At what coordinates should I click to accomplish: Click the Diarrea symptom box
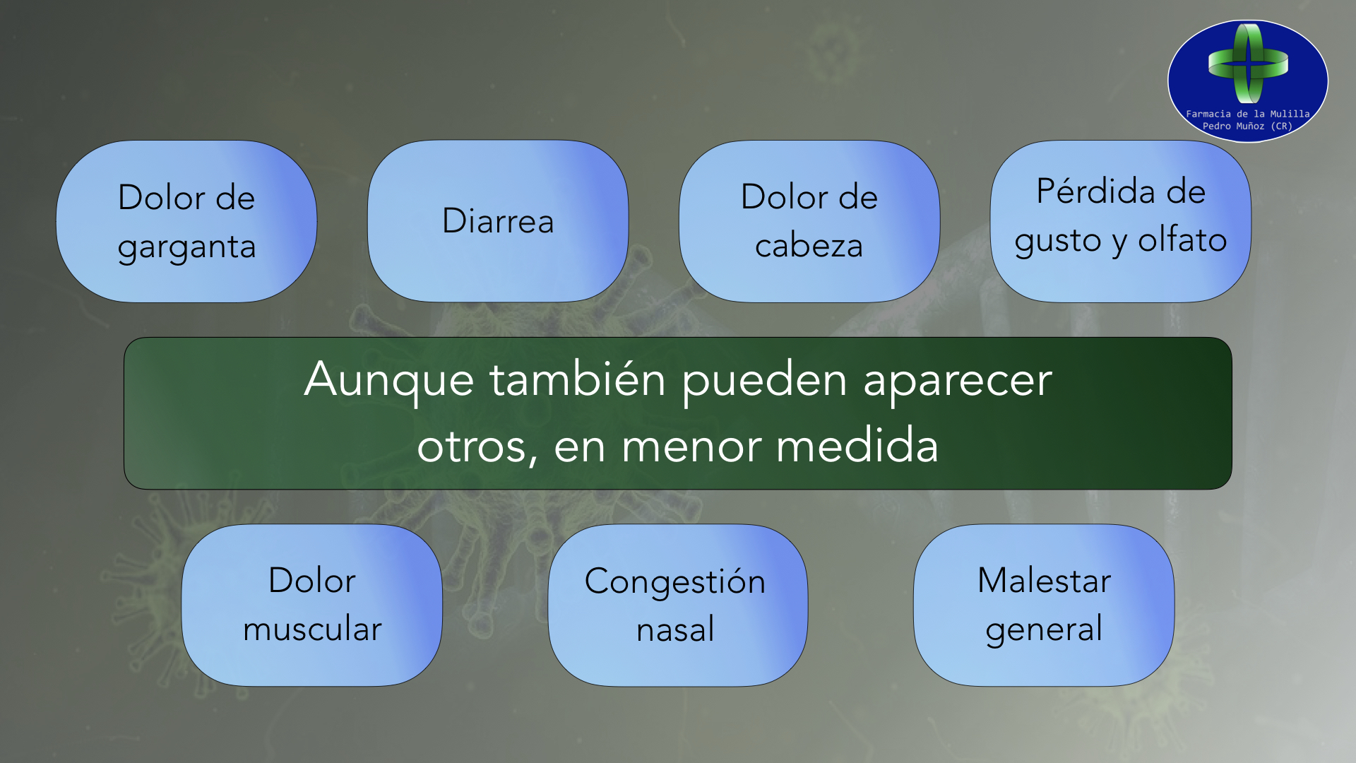point(498,221)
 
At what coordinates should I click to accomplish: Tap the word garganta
point(186,247)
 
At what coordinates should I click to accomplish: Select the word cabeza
point(809,246)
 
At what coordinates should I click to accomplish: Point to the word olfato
point(1182,239)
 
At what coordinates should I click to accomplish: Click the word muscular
point(312,629)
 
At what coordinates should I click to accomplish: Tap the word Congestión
point(675,582)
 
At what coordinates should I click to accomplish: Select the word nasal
point(675,629)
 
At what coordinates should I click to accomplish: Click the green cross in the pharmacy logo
point(1248,63)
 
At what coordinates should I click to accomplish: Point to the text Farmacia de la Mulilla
point(1247,114)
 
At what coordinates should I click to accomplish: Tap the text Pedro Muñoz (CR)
point(1247,126)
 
